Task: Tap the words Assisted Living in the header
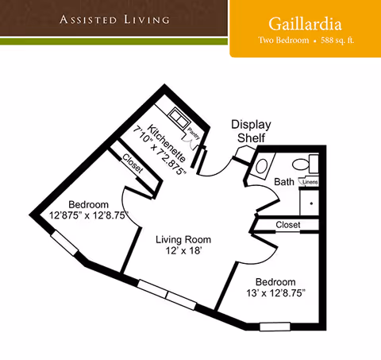tap(114, 17)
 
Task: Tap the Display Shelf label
tap(251, 132)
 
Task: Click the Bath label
tap(283, 182)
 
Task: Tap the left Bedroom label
tap(87, 203)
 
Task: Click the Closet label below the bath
tap(288, 225)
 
